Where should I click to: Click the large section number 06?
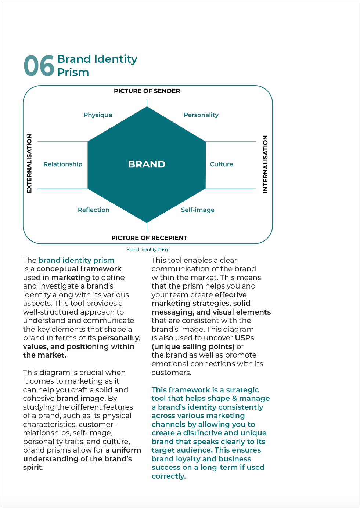point(39,66)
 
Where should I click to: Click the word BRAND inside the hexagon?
point(147,164)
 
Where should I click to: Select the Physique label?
point(98,115)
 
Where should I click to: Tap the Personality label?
point(201,115)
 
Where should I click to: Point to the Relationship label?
point(63,164)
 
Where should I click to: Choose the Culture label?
point(222,164)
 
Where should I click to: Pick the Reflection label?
point(94,210)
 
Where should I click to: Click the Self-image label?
point(198,210)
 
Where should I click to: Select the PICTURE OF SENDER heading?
point(147,91)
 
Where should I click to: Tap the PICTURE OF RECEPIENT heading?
point(149,238)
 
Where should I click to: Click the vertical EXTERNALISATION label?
point(29,163)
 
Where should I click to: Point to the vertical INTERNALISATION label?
point(265,164)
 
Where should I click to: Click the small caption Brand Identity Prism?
point(148,250)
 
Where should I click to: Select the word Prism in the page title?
point(73,72)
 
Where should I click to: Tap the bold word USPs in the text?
point(244,338)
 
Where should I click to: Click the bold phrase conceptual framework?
point(79,269)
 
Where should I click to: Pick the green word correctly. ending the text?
point(169,476)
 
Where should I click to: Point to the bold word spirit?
point(33,467)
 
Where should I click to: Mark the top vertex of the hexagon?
point(147,107)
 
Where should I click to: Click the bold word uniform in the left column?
point(126,450)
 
